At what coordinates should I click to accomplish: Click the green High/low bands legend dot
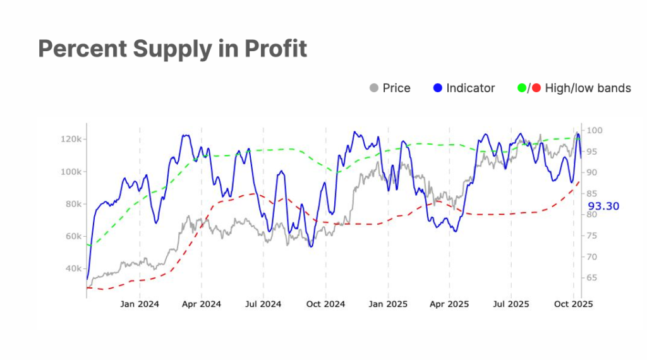522,88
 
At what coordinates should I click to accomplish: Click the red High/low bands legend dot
536,88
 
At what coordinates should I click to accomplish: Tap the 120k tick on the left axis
69,139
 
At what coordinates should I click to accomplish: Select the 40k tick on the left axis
71,268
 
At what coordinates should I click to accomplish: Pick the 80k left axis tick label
71,204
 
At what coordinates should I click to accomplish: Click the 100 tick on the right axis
595,131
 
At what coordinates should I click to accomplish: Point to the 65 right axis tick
593,278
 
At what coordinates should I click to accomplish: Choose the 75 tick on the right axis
593,236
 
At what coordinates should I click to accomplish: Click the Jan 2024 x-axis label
140,304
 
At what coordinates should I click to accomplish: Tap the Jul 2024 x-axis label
263,304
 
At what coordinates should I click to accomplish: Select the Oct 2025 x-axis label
574,304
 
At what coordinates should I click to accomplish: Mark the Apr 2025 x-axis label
449,304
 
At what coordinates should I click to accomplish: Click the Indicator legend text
471,88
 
